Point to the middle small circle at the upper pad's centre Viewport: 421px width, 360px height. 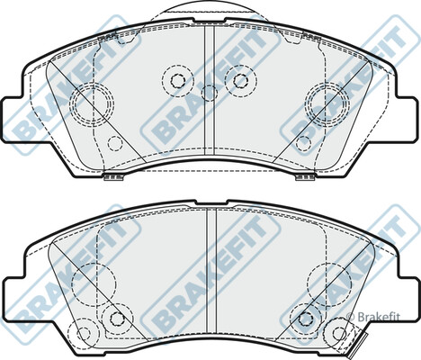209,92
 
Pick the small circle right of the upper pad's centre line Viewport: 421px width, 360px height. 240,79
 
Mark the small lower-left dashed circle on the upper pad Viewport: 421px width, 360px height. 113,142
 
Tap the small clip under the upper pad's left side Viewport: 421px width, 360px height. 113,176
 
